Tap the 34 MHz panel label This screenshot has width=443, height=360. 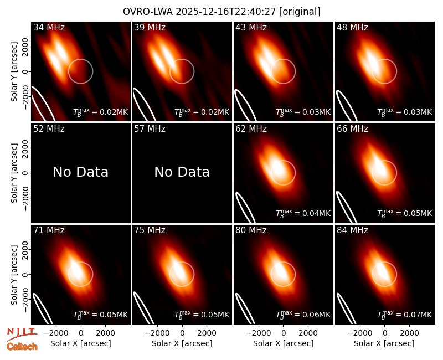click(49, 27)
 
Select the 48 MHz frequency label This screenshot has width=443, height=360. click(352, 27)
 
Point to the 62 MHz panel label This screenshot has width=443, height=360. click(251, 129)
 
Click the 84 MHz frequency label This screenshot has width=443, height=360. click(352, 230)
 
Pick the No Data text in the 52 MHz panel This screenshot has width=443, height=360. click(81, 172)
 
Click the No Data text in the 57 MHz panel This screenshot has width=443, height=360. click(182, 172)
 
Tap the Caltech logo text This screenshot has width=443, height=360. click(22, 347)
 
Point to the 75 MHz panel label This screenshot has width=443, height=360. click(150, 230)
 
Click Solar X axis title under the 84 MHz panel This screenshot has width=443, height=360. click(384, 343)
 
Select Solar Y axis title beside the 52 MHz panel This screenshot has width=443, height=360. click(14, 173)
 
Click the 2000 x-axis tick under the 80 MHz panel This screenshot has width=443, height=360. click(308, 333)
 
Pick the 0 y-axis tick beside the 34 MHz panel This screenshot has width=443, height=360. click(25, 71)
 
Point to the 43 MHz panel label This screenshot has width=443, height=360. click(251, 27)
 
